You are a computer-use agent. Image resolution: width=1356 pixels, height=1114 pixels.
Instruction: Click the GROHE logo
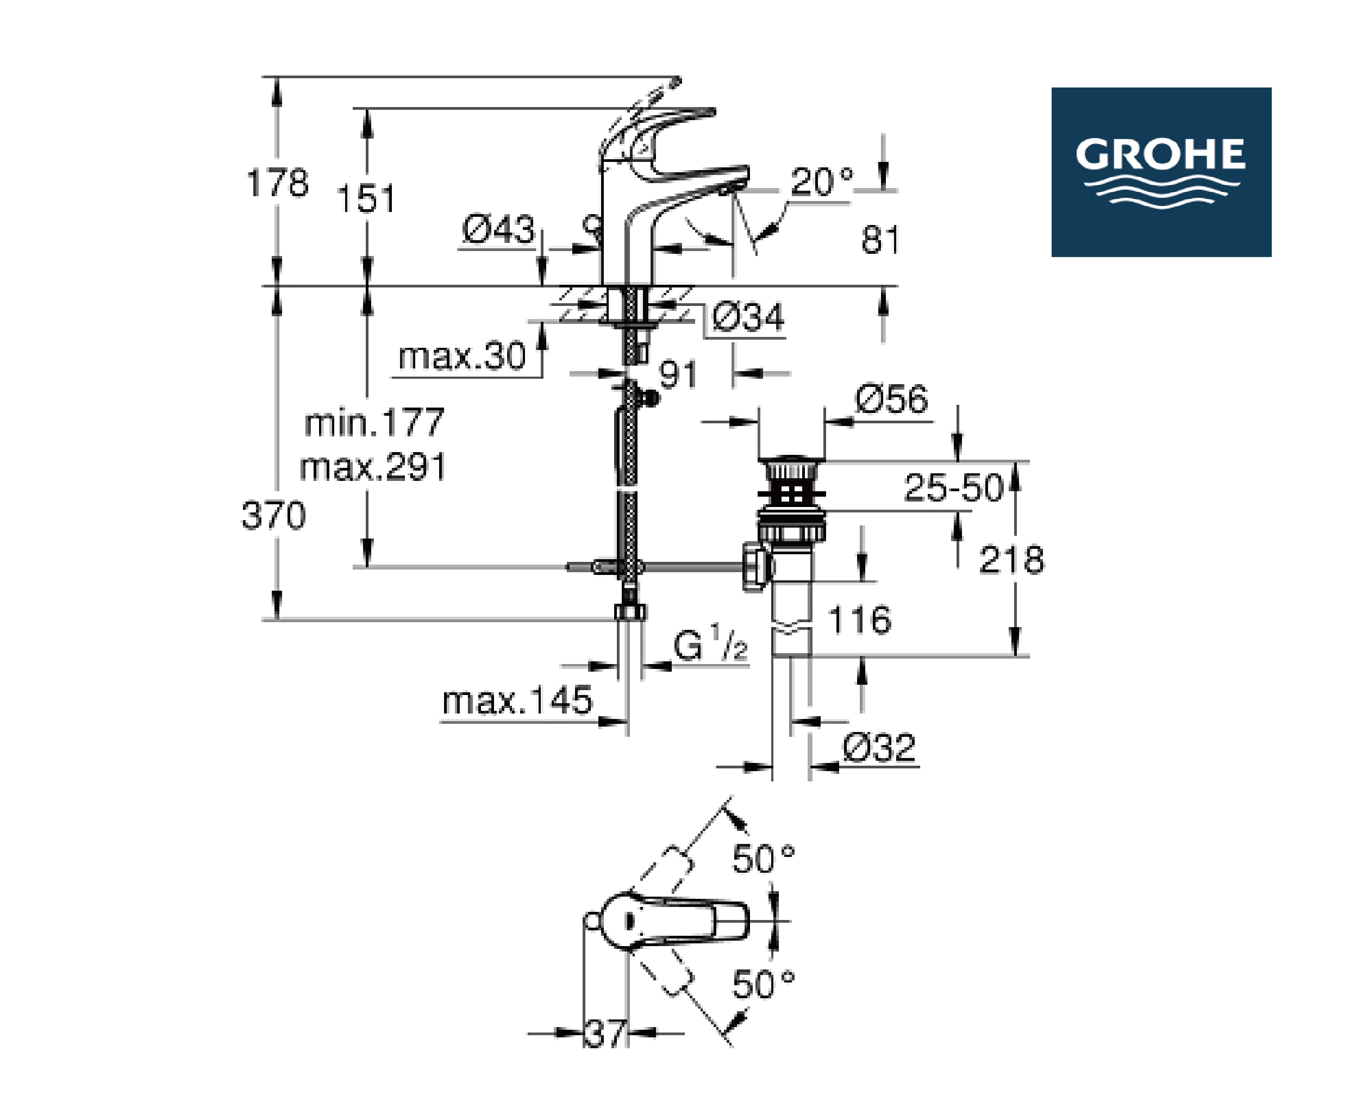(x=1161, y=172)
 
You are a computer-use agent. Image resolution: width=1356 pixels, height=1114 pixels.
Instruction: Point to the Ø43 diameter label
(x=498, y=229)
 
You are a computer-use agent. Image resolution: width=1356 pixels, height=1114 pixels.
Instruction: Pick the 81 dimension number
(x=880, y=240)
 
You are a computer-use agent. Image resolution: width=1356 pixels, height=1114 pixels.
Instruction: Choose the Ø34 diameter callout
(x=748, y=316)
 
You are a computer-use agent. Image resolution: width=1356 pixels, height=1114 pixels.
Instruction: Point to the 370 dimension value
(x=273, y=515)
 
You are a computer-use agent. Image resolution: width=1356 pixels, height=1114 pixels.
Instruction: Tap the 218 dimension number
(x=1011, y=560)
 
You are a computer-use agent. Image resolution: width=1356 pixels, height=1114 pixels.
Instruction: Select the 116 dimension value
(x=859, y=620)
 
